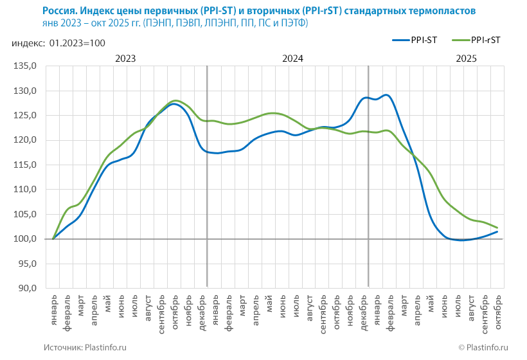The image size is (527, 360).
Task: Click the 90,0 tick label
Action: [x=28, y=288]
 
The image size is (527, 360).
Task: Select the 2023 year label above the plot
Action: [x=125, y=58]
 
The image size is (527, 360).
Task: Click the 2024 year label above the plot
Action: [x=292, y=58]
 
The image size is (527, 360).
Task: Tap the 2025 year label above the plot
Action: [x=466, y=58]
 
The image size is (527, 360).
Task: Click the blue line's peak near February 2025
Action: [x=386, y=95]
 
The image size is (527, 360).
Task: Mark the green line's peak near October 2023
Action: [x=175, y=101]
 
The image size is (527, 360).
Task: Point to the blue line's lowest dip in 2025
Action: [x=460, y=240]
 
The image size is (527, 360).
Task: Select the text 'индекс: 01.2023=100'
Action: [x=58, y=43]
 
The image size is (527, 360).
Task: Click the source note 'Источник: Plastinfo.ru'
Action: [x=85, y=347]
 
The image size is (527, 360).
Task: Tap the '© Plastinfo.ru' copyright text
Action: [x=483, y=347]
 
